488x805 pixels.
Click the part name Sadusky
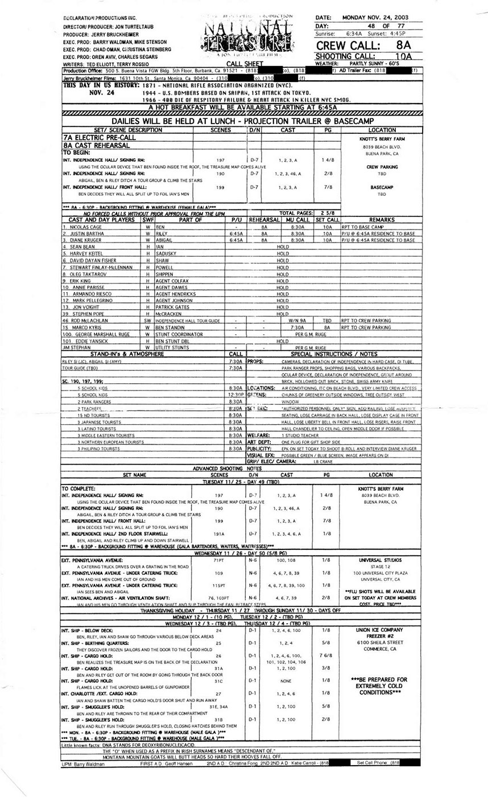166,254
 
